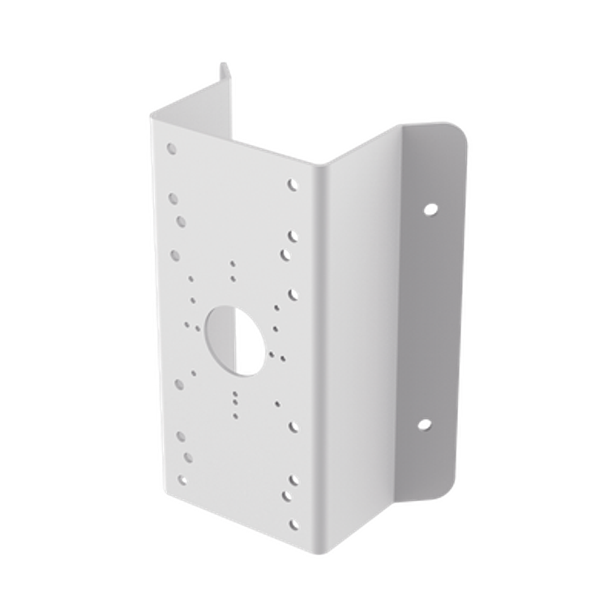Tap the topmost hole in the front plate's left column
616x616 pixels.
(171, 149)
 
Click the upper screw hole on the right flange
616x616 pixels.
(430, 208)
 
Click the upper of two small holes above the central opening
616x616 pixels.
(233, 263)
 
